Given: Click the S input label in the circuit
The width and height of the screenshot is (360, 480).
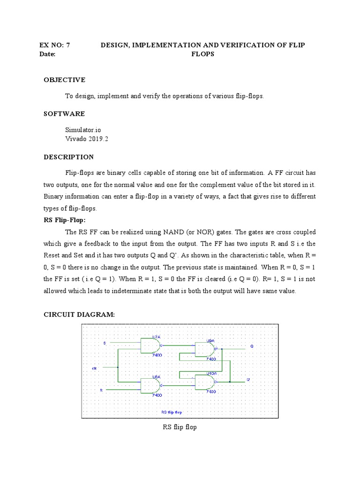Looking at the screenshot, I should click(105, 343).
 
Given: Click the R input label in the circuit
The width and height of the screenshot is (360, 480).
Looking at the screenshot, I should click(101, 390).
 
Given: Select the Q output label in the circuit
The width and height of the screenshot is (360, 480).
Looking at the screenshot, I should click(251, 346).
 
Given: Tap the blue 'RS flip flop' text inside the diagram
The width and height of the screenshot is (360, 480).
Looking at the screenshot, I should click(172, 412).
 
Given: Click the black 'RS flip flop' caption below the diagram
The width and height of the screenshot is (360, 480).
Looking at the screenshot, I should click(180, 427).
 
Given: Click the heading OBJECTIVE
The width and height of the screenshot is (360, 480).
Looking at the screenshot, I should click(65, 80).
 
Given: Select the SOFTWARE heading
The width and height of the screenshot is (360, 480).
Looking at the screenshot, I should click(64, 114).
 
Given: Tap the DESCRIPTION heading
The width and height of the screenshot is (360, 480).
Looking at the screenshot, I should click(69, 157).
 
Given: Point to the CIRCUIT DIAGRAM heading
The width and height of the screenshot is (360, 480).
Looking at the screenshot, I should click(79, 315).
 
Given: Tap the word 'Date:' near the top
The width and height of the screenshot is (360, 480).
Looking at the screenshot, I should click(47, 54).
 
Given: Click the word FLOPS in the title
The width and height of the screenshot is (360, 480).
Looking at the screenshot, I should click(202, 54).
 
